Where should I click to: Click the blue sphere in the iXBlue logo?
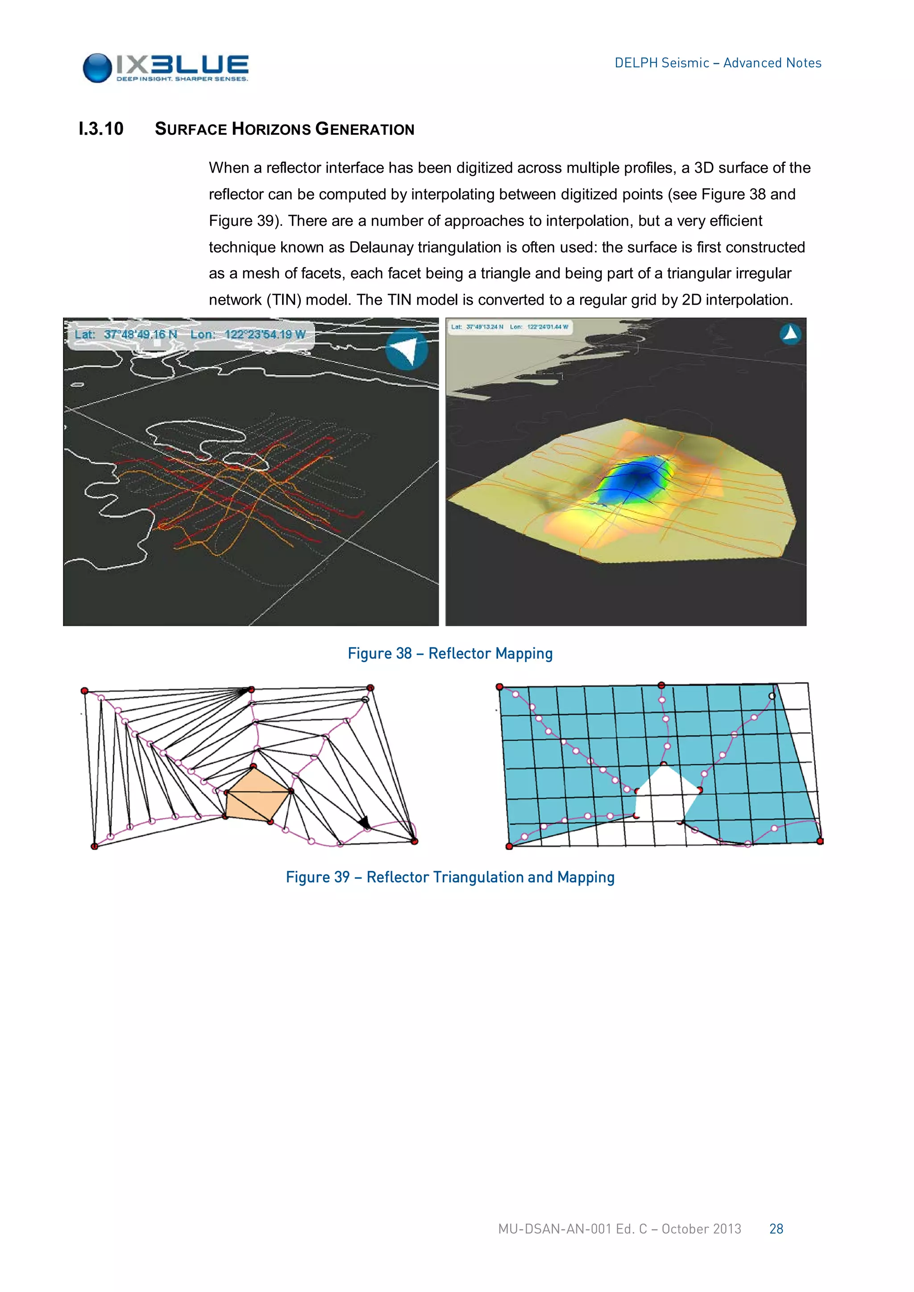click(x=97, y=68)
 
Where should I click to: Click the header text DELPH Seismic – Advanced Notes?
click(x=717, y=63)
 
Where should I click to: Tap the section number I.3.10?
click(x=101, y=129)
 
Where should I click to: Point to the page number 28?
click(x=776, y=1229)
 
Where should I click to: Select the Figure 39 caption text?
click(x=450, y=877)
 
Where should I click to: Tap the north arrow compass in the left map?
click(x=407, y=349)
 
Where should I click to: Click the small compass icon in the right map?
click(x=790, y=334)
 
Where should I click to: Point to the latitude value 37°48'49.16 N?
click(x=140, y=334)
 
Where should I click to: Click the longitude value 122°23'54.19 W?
click(x=265, y=334)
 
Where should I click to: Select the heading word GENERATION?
click(x=365, y=129)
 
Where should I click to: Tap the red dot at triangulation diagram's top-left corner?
click(x=84, y=691)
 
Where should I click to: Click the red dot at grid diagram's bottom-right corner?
click(x=820, y=841)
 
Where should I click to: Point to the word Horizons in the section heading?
click(x=271, y=129)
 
